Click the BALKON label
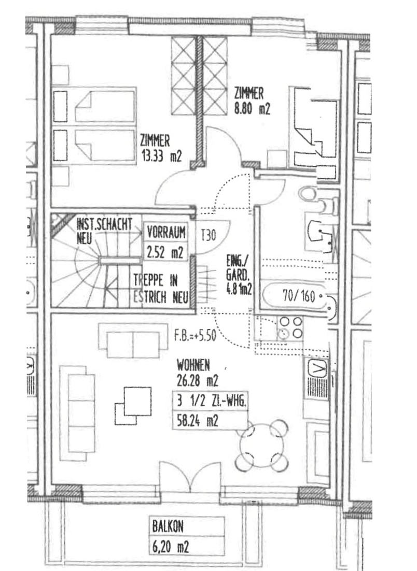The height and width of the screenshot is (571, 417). click(x=168, y=526)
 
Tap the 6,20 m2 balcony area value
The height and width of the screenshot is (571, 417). click(x=171, y=547)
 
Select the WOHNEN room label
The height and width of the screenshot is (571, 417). click(x=193, y=365)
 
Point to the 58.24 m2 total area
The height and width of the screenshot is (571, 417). click(x=197, y=421)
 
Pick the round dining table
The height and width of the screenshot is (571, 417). click(x=262, y=446)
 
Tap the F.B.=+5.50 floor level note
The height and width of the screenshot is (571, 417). click(x=195, y=335)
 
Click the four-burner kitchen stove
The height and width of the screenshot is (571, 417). click(x=290, y=328)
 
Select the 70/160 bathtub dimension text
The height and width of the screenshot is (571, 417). click(x=299, y=296)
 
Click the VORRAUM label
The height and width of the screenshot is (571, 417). click(x=166, y=232)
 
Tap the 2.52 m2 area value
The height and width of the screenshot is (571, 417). click(x=165, y=252)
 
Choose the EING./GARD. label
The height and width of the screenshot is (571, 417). click(x=239, y=275)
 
